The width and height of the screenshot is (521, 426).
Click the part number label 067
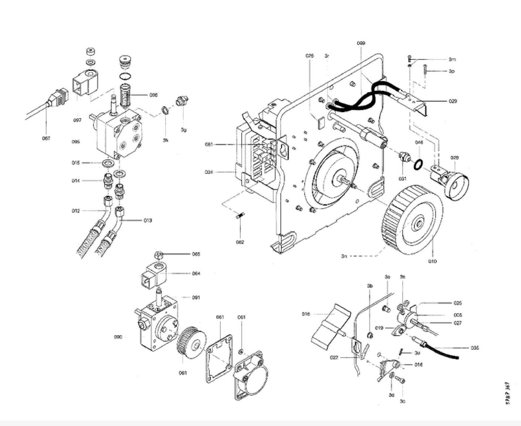[x=46, y=138]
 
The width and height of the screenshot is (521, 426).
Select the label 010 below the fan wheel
[x=432, y=261]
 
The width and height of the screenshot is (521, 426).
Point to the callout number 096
[x=153, y=95]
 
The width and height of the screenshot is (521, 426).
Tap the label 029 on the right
[x=452, y=101]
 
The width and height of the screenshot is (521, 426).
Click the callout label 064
[x=196, y=274]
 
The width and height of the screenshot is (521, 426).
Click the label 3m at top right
[x=452, y=59]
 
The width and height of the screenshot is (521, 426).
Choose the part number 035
[x=475, y=348]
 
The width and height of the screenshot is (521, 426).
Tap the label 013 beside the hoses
[x=147, y=221]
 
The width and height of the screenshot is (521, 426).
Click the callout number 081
[x=209, y=144]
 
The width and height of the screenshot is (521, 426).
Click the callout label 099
[x=361, y=43]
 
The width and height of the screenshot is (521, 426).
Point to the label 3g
[x=184, y=130]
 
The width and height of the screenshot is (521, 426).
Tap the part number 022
[x=334, y=358]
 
